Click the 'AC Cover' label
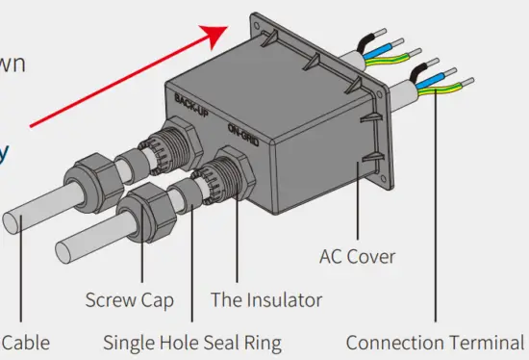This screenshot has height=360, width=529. (357, 257)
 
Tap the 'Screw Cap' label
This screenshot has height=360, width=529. (129, 300)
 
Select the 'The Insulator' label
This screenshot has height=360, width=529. (266, 300)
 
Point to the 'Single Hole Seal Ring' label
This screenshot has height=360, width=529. (192, 343)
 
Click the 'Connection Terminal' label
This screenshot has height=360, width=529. (435, 343)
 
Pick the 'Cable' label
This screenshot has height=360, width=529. (25, 343)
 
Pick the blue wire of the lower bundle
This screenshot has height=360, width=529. (438, 77)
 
